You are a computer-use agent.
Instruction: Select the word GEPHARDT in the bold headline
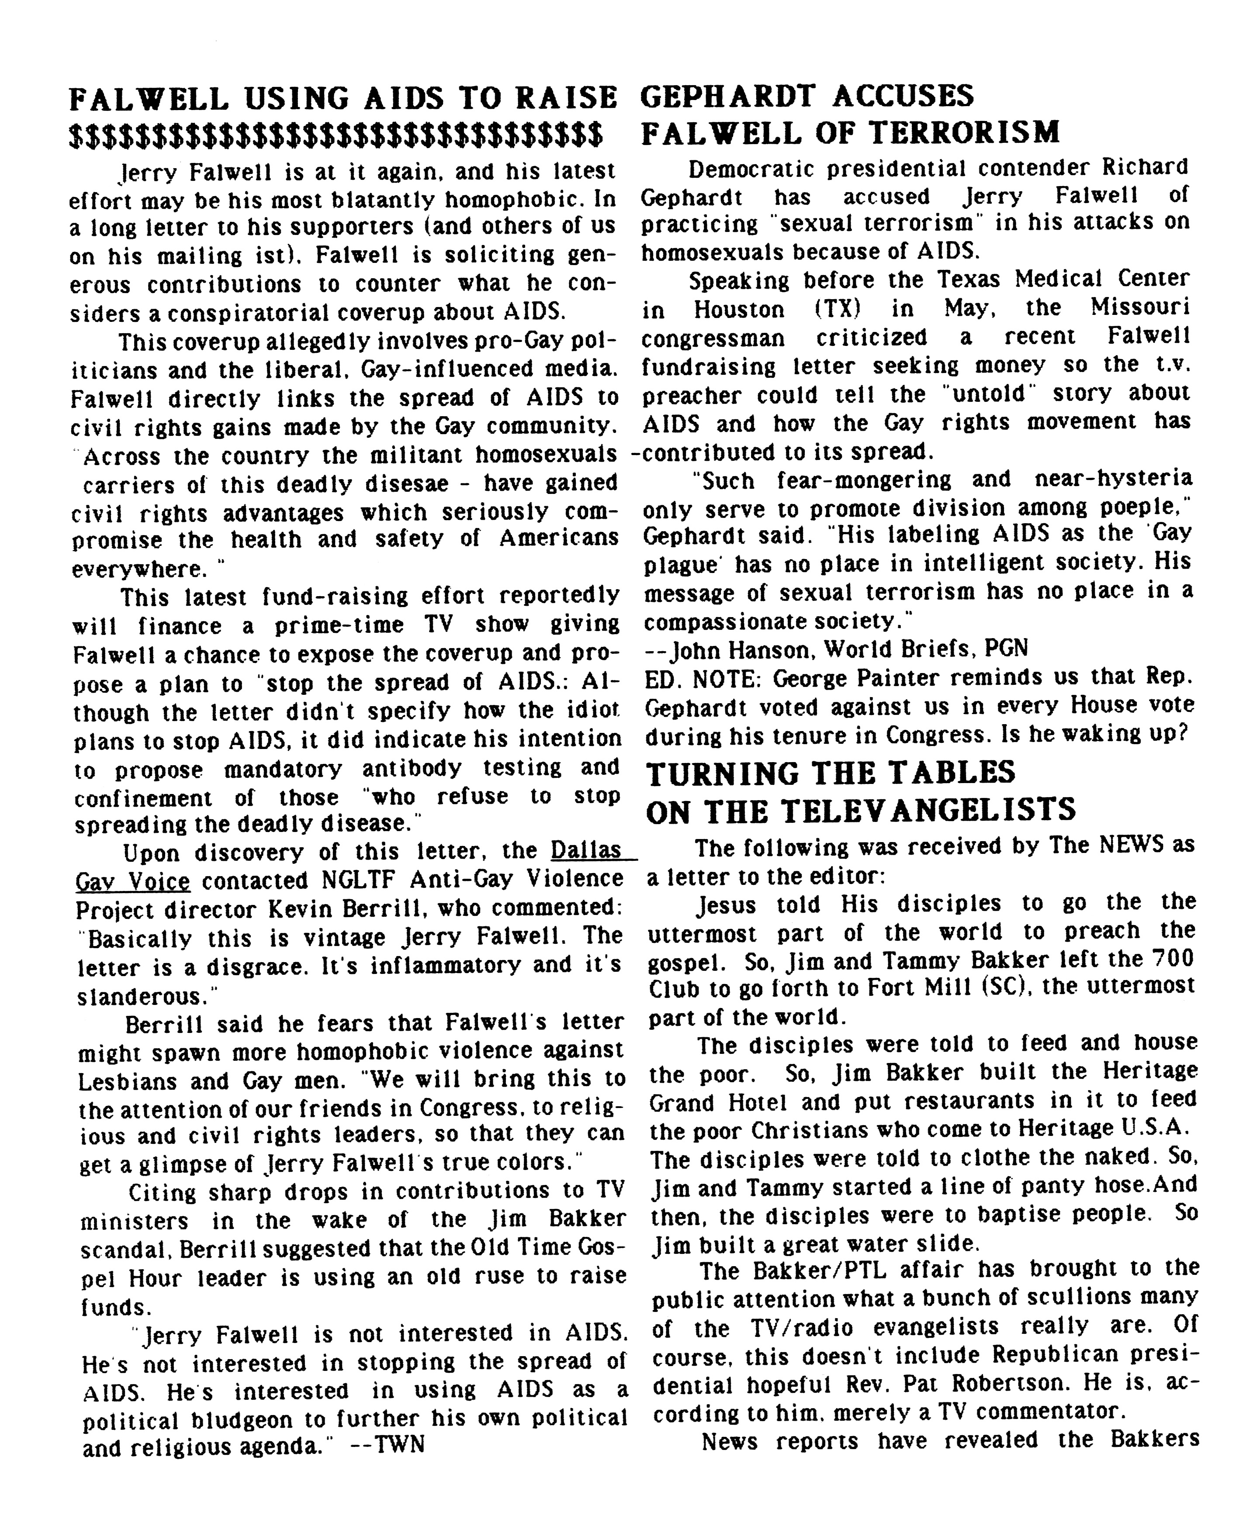click(x=728, y=96)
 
